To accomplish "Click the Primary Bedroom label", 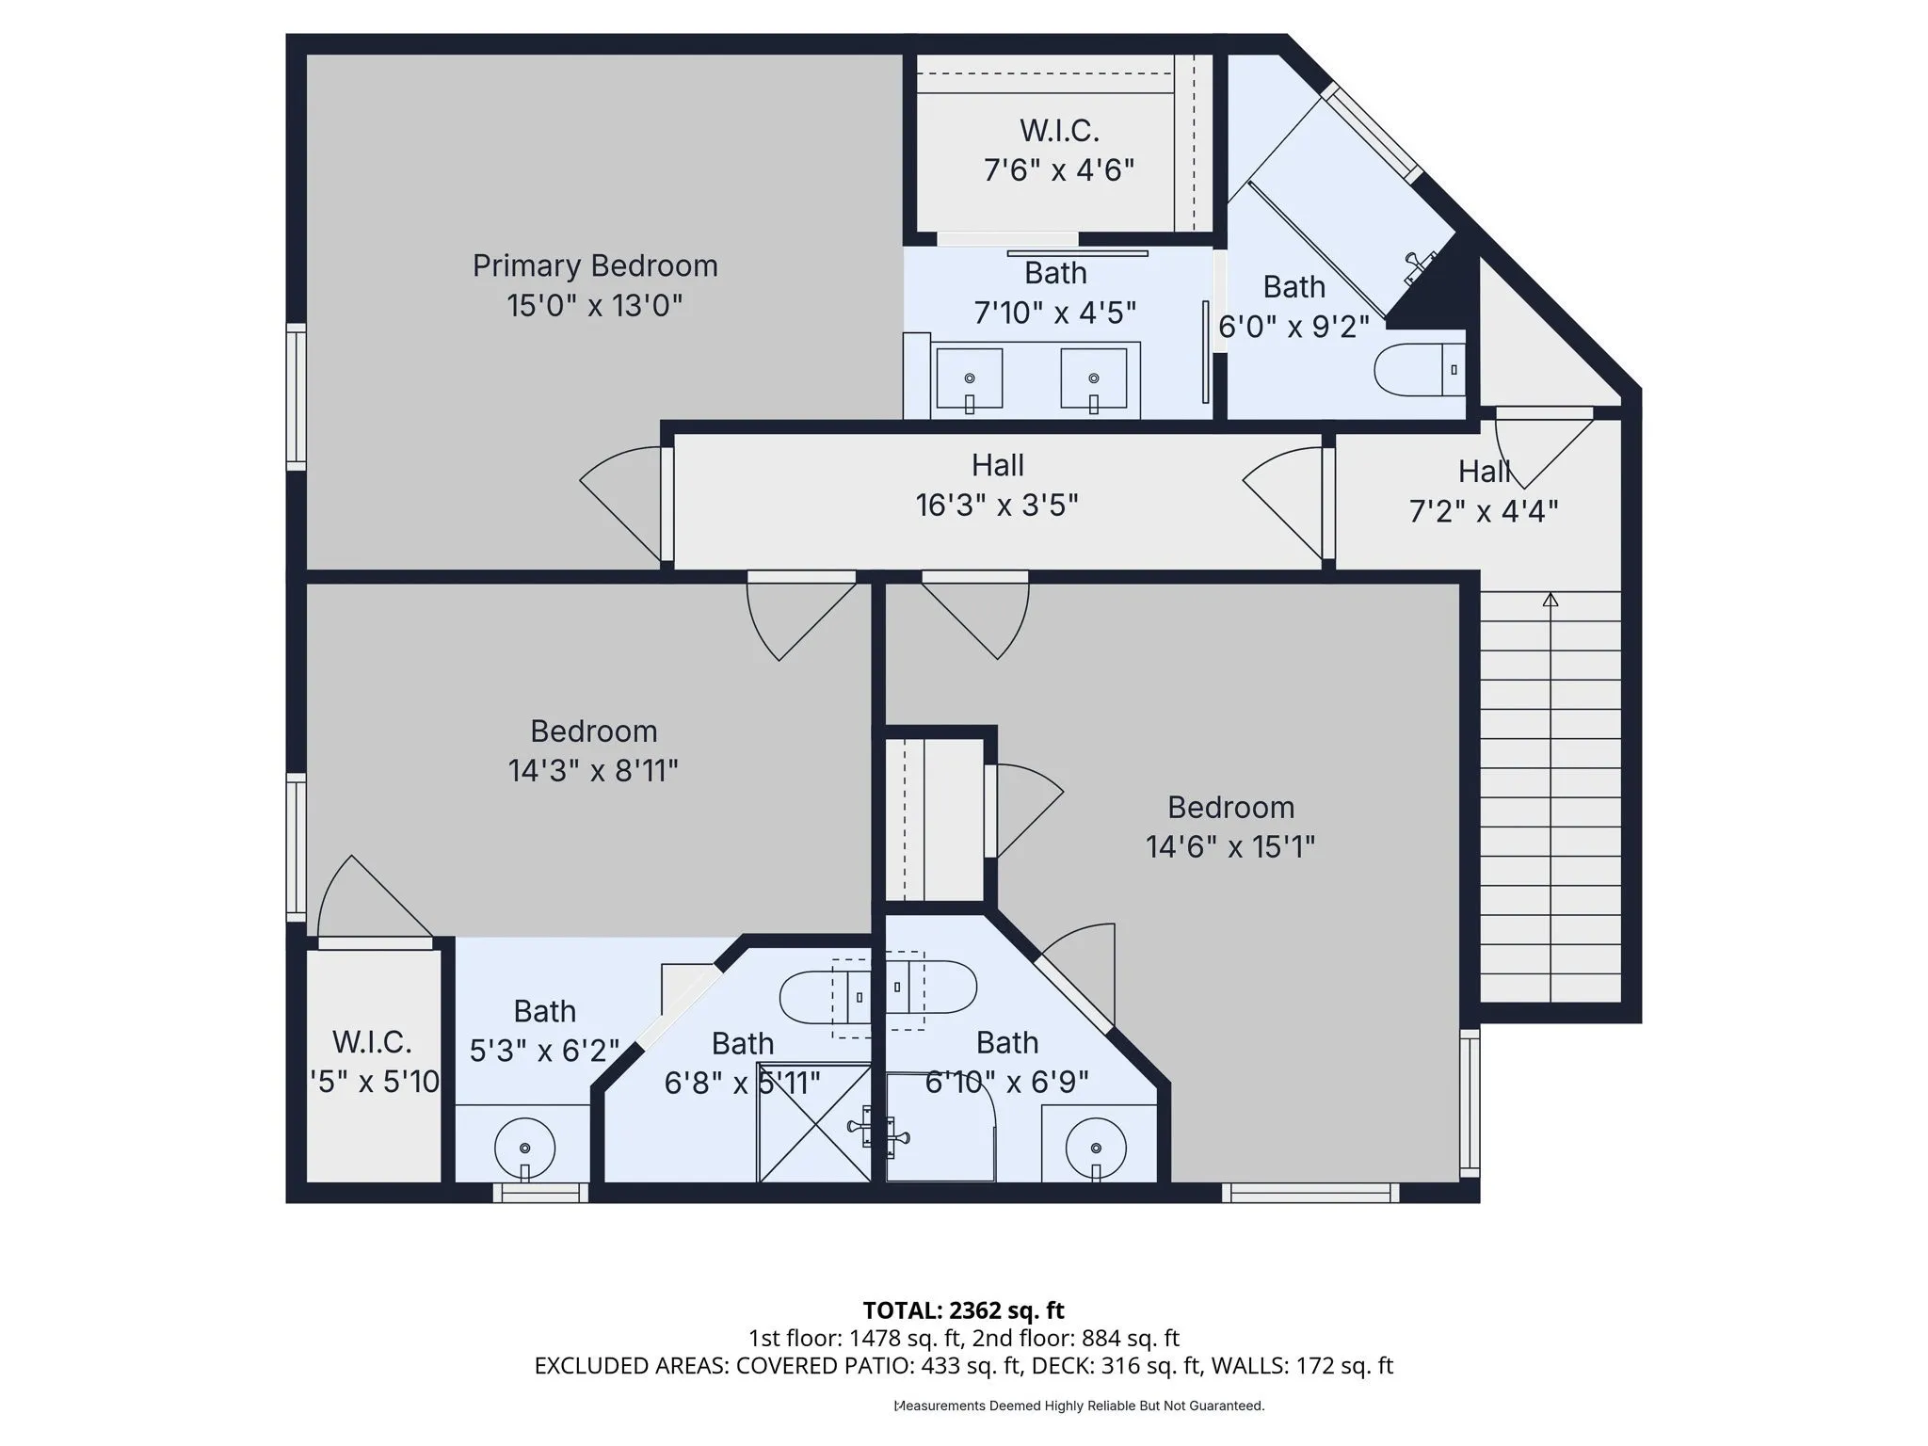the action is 595,266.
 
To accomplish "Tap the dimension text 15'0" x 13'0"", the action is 595,306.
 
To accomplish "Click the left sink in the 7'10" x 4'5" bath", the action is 969,378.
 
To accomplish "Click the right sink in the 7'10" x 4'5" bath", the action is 1093,378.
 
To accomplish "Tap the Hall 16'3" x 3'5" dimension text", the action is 997,506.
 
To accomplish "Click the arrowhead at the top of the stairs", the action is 1550,600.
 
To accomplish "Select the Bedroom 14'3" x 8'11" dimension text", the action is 593,771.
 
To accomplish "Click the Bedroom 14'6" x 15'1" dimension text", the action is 1230,847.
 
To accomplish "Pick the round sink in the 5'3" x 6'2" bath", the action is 524,1149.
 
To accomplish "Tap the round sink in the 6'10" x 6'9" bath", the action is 1097,1149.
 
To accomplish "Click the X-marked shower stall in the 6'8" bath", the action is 815,1122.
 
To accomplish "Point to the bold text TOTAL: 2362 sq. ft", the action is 964,1310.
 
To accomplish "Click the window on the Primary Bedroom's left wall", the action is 297,396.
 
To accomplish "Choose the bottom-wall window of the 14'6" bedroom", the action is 1310,1194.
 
